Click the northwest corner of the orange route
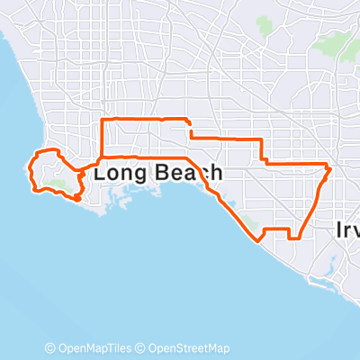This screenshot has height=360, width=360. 102,120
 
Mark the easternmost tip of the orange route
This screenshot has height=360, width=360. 331,167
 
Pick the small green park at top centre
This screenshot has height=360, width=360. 264,22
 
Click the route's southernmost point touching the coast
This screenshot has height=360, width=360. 260,239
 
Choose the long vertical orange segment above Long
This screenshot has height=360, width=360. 102,144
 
